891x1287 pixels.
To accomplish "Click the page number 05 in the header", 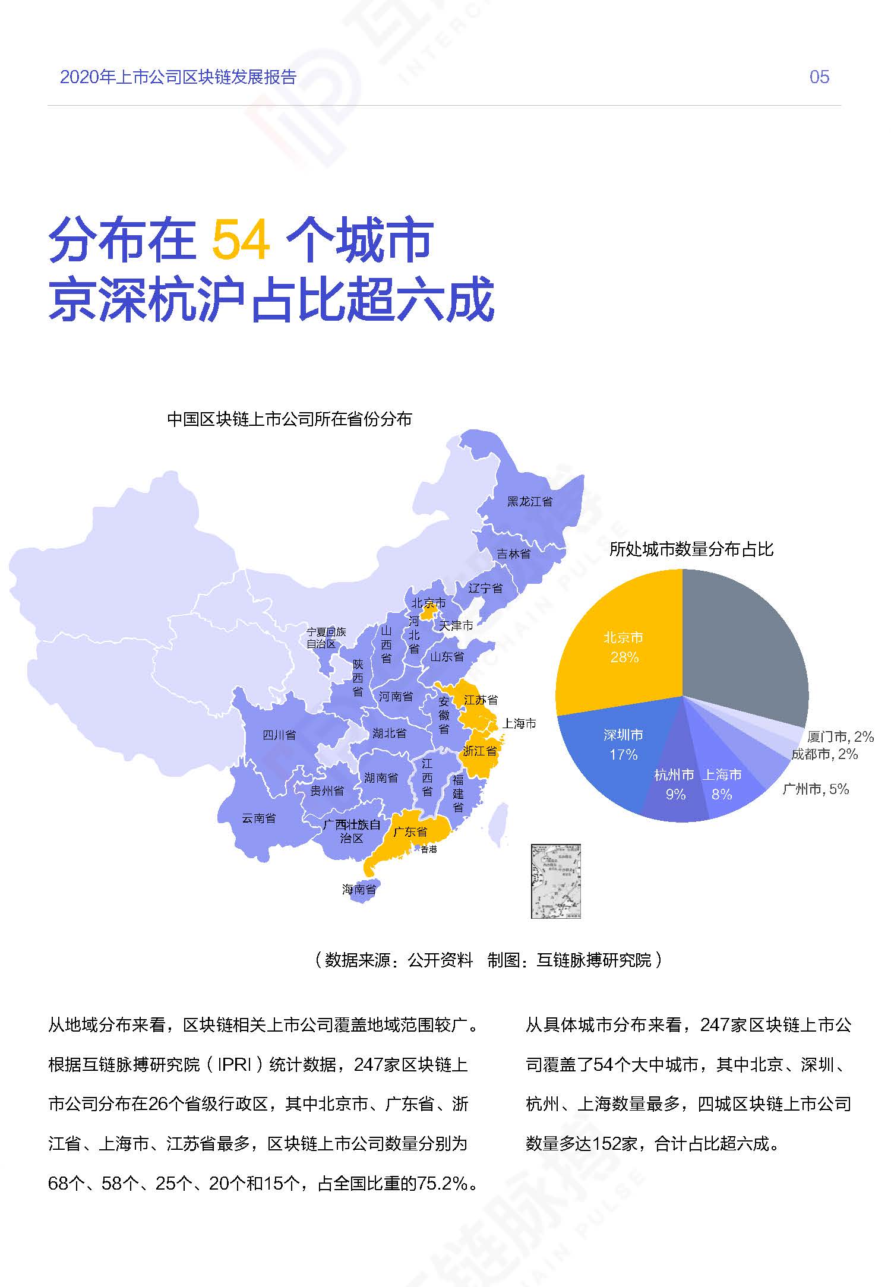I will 819,77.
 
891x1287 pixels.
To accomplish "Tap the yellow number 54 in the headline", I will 241,241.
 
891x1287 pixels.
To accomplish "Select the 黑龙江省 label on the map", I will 529,501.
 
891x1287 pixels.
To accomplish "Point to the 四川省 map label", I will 279,735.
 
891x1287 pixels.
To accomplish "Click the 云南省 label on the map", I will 258,818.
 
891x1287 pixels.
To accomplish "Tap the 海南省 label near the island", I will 359,889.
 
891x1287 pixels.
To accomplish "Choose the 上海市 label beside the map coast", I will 519,723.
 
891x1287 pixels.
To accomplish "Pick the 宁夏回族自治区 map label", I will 326,637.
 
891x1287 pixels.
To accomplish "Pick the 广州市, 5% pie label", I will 816,789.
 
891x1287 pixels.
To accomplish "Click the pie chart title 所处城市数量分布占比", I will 691,549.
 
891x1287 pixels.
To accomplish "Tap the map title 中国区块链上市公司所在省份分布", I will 289,419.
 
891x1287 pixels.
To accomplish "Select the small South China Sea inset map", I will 555,881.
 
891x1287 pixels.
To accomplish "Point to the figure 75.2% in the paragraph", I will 443,1183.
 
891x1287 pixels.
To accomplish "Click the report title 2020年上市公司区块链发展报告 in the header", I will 178,77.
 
